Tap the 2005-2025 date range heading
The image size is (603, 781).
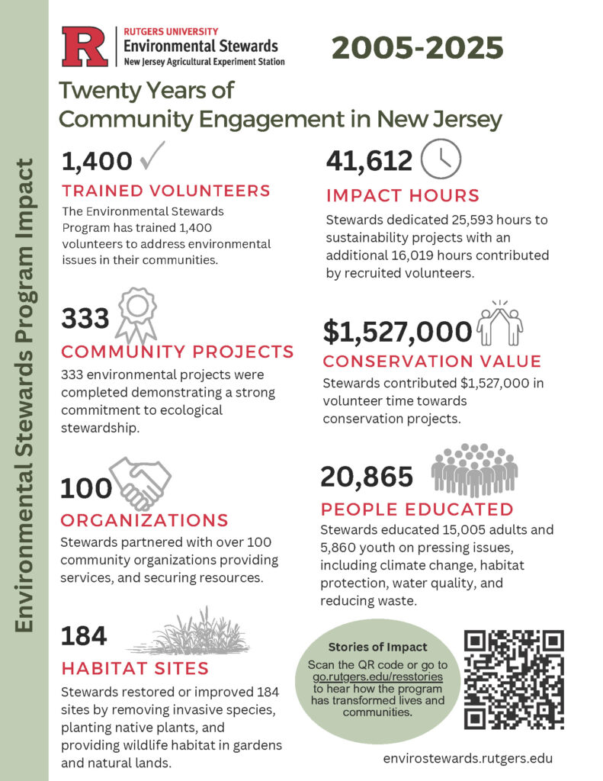click(x=417, y=48)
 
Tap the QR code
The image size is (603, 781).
click(x=514, y=679)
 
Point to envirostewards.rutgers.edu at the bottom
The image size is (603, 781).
click(x=468, y=758)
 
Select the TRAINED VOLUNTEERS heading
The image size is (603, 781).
click(x=166, y=191)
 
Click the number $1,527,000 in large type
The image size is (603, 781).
click(x=396, y=331)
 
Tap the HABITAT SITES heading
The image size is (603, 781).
click(x=135, y=669)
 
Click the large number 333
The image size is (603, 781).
click(x=85, y=318)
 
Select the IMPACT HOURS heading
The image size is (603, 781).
click(x=403, y=194)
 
